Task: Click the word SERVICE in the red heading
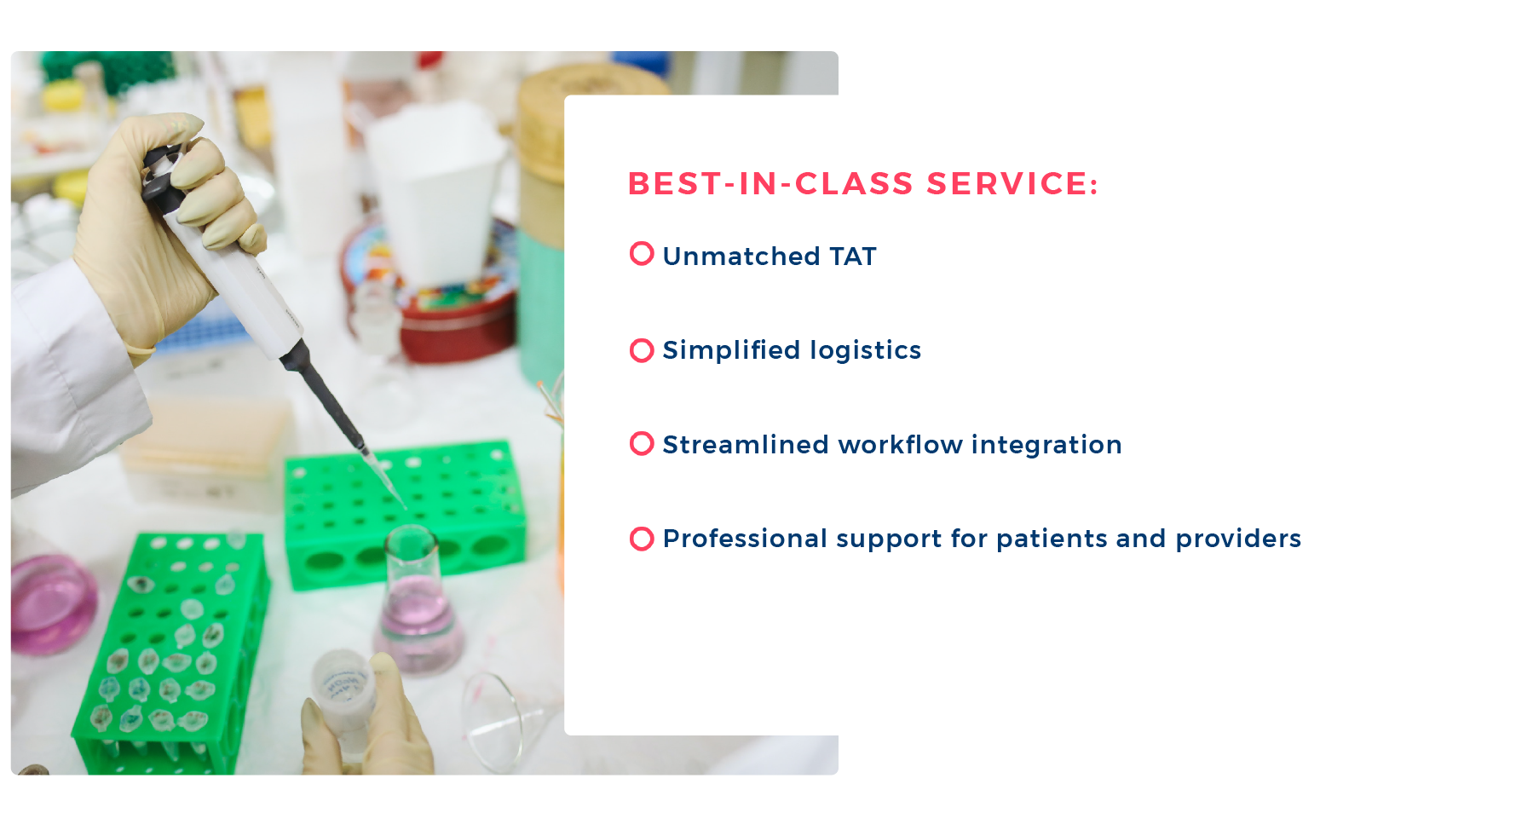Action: [1012, 184]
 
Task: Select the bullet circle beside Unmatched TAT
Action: [642, 254]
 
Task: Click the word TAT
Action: [853, 257]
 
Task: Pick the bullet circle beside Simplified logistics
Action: [642, 350]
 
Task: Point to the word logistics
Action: [866, 350]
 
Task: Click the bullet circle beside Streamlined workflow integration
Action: [642, 444]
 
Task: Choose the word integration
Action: [1046, 445]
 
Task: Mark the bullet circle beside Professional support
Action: [642, 539]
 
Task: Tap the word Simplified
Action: [732, 350]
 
